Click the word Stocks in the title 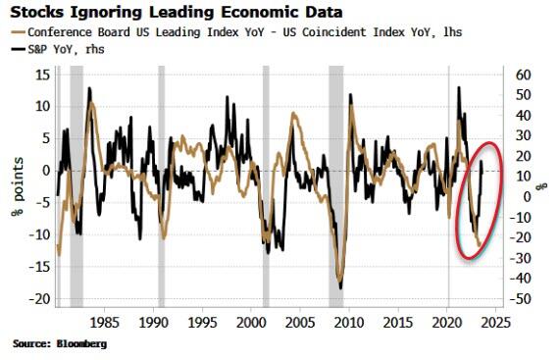(x=37, y=13)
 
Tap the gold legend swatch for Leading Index (x=18, y=32)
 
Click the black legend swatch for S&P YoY (x=18, y=50)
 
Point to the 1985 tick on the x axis (x=104, y=323)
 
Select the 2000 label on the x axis (x=251, y=323)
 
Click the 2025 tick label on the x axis (x=496, y=323)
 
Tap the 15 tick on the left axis (x=43, y=76)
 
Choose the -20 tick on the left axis (x=40, y=299)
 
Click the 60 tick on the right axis (x=523, y=76)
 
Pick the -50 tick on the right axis (x=521, y=299)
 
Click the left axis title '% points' (x=17, y=186)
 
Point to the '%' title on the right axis (x=542, y=186)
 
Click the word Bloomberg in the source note (x=81, y=344)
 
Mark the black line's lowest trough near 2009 (x=341, y=288)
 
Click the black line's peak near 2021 (x=459, y=87)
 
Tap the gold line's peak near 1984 (x=92, y=103)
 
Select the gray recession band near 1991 (x=162, y=186)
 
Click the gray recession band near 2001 (x=266, y=186)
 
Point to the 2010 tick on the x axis (x=349, y=323)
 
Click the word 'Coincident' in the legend (x=334, y=32)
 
